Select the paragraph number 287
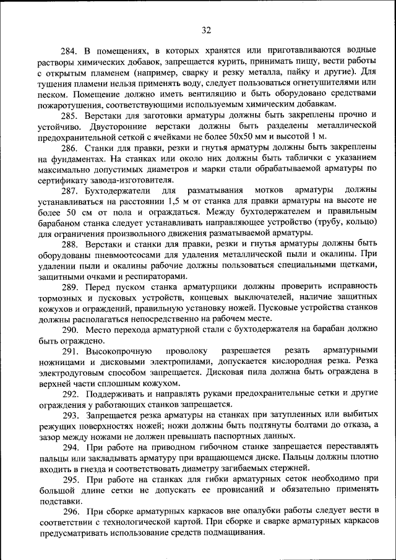70,190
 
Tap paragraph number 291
70,351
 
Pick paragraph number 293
70,416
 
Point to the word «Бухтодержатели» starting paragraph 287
115,190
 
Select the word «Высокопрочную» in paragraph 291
118,351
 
